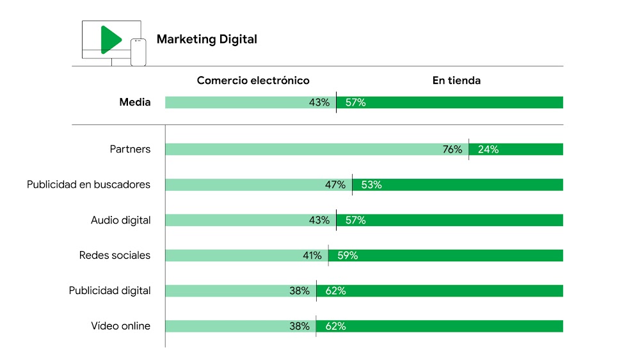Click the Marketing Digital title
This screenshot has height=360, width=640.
coord(207,39)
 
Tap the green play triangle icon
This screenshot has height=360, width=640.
coord(109,40)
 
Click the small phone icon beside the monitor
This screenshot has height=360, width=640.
coord(138,52)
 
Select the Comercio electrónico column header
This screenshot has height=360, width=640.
coord(253,81)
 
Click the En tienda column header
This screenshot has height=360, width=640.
coord(456,81)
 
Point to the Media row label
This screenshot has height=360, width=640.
coord(135,102)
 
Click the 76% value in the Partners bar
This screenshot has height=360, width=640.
coord(452,149)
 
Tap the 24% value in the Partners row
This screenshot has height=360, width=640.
coord(488,149)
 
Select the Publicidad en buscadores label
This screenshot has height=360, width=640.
coord(88,184)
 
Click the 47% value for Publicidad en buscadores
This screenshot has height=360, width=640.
coord(335,185)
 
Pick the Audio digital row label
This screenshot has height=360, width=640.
coord(120,220)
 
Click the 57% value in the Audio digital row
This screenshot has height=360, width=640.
coord(355,220)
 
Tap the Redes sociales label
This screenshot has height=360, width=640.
coord(115,256)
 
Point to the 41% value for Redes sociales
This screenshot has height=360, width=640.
coord(312,256)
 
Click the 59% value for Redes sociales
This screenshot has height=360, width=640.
coord(348,256)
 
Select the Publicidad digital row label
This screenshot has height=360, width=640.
coord(109,291)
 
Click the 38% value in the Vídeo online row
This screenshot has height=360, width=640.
coord(299,326)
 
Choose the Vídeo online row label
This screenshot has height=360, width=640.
coord(120,326)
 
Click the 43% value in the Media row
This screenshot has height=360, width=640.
coord(319,102)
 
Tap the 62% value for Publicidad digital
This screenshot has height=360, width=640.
coord(335,291)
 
